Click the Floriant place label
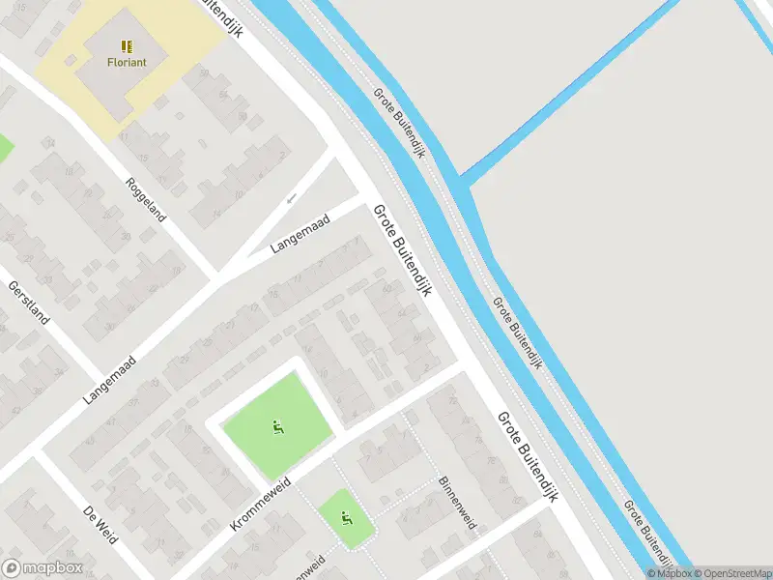point(127,62)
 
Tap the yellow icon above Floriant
point(127,45)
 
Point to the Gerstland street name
point(28,302)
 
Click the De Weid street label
point(100,523)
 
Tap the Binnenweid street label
point(457,503)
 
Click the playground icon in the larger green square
point(277,424)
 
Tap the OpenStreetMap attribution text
point(731,573)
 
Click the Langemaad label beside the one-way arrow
point(301,234)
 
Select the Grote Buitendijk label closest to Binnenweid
point(529,459)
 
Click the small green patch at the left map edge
point(4,148)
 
